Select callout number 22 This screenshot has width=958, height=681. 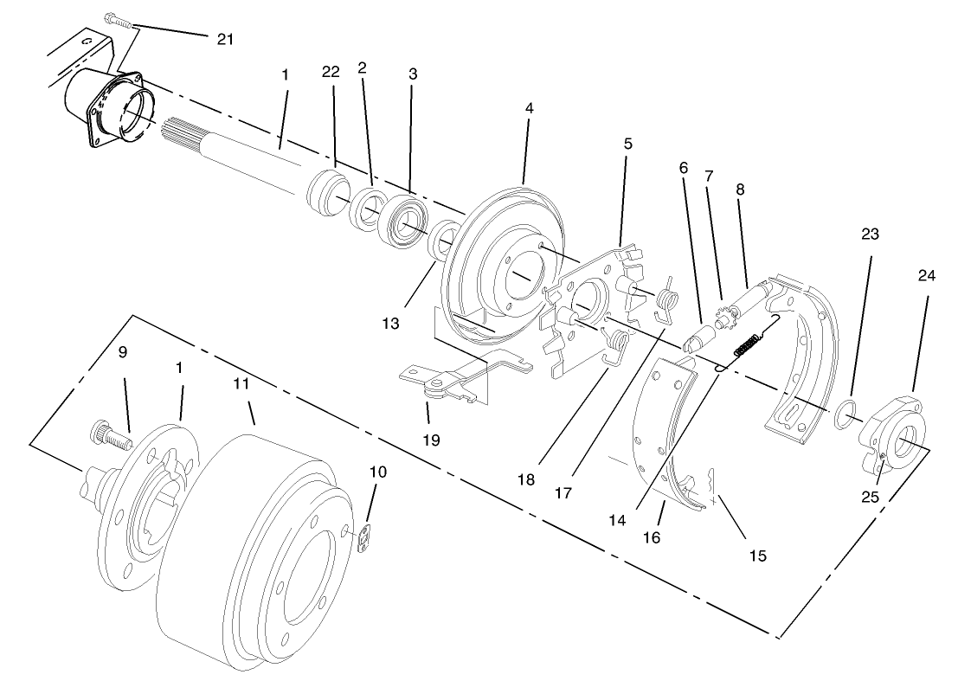[330, 74]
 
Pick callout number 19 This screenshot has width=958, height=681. [431, 440]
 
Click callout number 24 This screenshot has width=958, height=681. [927, 276]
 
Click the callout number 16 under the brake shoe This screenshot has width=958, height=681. [651, 536]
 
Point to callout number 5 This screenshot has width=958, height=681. [628, 143]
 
